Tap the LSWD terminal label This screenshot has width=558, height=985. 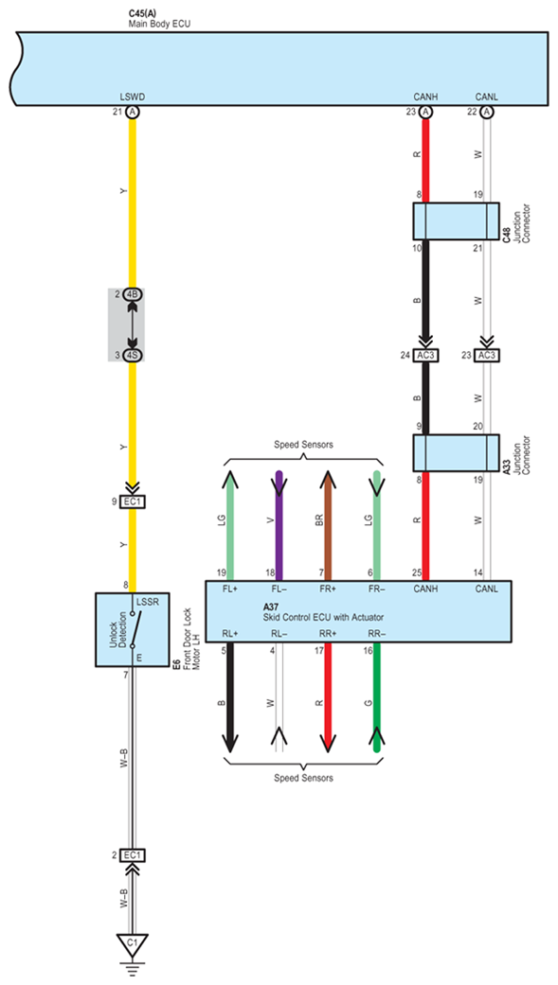(133, 97)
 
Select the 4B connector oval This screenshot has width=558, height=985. (133, 294)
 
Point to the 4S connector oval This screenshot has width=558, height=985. (133, 355)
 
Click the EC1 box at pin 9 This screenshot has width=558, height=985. (133, 501)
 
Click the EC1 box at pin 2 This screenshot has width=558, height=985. (133, 855)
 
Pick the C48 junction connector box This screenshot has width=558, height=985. (456, 220)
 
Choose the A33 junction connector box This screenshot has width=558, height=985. (456, 453)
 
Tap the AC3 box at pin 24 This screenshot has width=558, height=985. (426, 355)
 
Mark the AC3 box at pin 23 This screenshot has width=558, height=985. (486, 355)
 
